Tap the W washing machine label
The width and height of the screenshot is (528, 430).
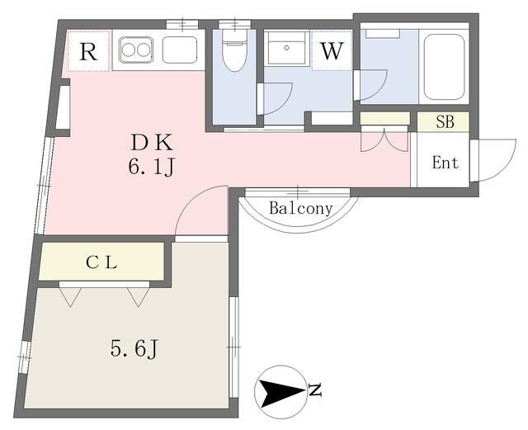331,50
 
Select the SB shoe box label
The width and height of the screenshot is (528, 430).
445,122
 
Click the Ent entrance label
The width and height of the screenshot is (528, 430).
445,163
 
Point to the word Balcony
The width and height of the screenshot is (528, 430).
301,209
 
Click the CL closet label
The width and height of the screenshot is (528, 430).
102,263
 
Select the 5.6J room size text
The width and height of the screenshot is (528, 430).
134,349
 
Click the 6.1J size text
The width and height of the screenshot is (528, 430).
151,168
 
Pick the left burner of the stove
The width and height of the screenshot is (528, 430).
129,50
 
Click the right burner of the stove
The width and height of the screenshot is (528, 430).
144,50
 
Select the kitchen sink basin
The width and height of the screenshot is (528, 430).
179,50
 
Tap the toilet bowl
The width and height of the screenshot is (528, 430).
234,56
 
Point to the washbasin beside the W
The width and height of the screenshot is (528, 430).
286,52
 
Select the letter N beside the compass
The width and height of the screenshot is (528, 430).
314,390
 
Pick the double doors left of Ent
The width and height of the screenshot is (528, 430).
384,139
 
